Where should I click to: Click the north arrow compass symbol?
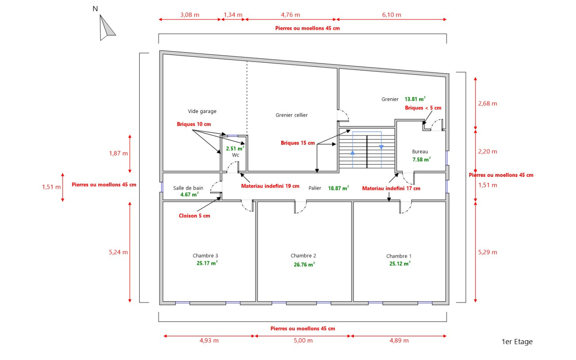click(106, 28)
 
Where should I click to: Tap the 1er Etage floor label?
click(517, 342)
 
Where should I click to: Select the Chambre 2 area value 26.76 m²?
click(304, 264)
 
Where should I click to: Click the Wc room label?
click(235, 155)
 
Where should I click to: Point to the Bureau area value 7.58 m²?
click(422, 159)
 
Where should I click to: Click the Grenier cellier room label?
click(292, 115)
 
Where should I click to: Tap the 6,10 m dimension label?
click(391, 15)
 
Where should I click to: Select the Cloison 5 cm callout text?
click(194, 216)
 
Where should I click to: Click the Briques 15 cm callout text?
click(298, 143)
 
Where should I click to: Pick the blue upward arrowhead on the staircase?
click(352, 153)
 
